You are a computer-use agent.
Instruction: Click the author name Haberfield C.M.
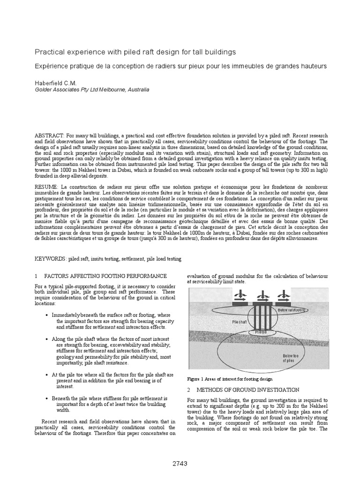click(57, 82)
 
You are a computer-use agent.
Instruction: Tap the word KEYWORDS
click(50, 259)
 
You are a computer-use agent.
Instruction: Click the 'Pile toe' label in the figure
click(261, 332)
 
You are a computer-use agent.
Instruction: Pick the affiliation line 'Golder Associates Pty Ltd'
click(92, 89)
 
